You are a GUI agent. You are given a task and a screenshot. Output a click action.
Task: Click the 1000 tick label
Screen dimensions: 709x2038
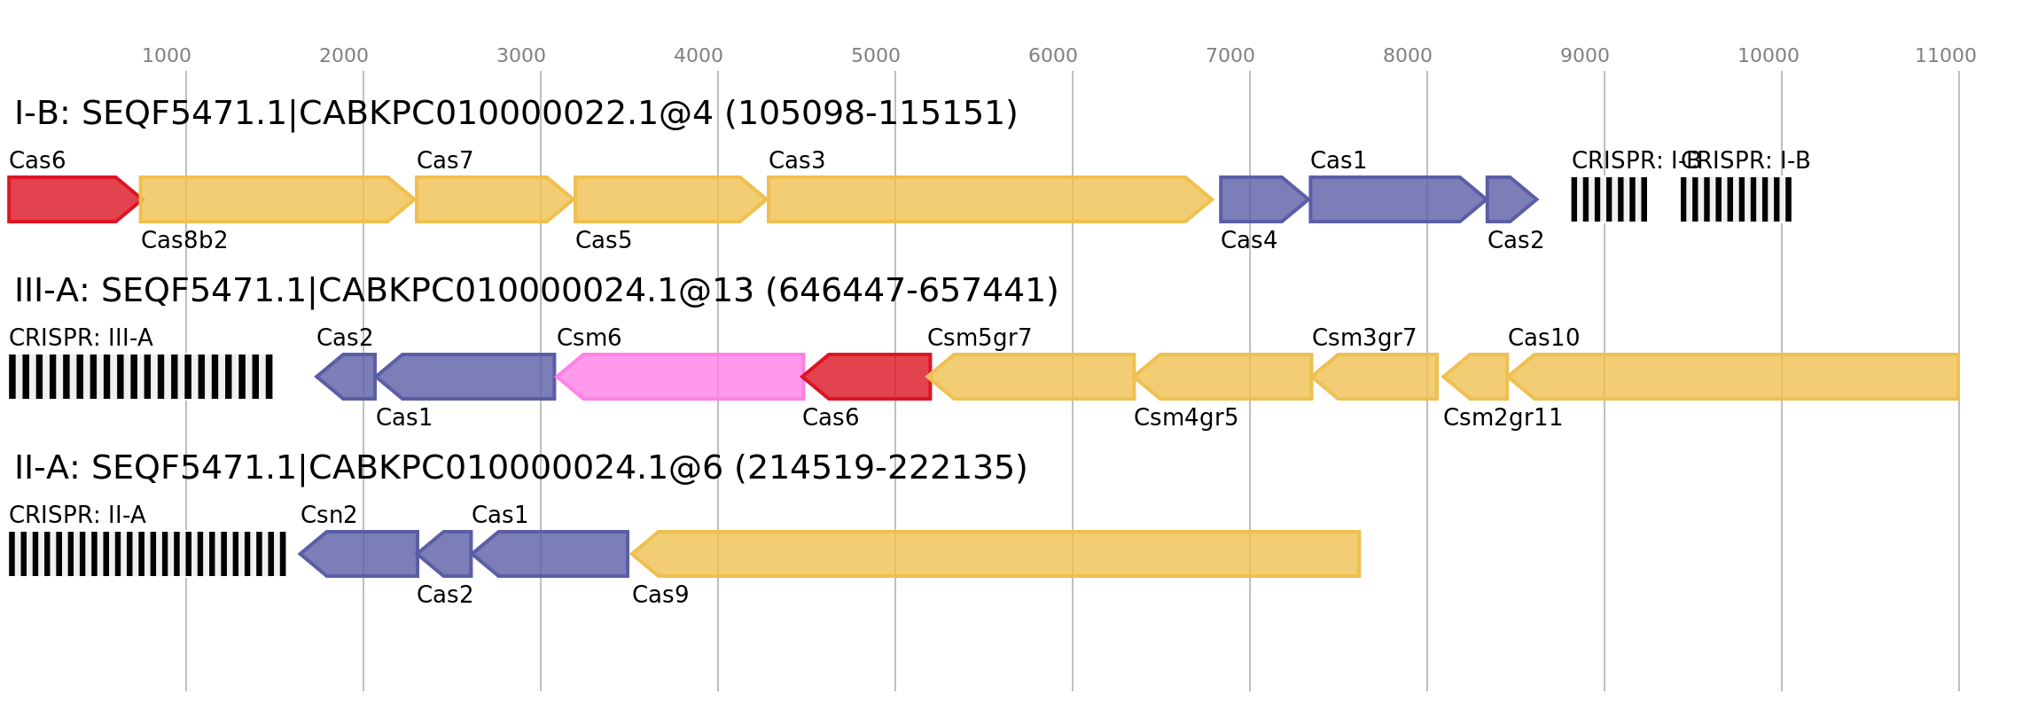coord(166,56)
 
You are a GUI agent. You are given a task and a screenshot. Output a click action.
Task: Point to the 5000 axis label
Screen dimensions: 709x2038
coord(875,56)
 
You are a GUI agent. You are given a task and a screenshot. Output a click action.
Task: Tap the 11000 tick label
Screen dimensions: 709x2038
coord(1945,56)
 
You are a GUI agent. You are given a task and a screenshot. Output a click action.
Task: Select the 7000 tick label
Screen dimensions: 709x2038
coord(1230,56)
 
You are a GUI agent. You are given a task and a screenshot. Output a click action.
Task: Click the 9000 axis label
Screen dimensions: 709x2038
coord(1584,56)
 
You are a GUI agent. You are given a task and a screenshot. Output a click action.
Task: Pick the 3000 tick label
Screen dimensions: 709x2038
coord(520,56)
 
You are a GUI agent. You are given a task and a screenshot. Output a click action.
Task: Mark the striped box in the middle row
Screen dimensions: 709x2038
coord(141,377)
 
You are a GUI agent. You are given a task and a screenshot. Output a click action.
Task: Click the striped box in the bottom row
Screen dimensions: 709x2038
coord(147,554)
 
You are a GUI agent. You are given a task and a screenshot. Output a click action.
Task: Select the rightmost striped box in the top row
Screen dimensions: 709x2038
coord(1736,199)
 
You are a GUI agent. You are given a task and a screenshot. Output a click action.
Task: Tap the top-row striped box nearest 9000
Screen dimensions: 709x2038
coord(1608,199)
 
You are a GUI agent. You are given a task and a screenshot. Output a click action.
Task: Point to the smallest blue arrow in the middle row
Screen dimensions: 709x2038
coord(347,377)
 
